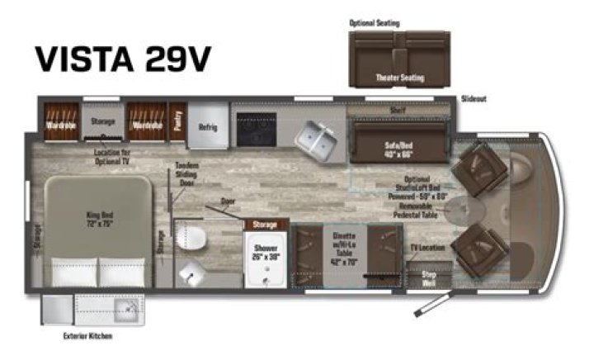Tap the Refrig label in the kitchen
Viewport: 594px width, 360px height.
[x=207, y=127]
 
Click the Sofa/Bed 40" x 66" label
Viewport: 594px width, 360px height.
[x=398, y=148]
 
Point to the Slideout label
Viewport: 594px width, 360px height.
[x=474, y=98]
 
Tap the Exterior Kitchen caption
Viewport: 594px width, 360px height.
[x=87, y=336]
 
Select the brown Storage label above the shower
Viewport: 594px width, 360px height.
[x=266, y=223]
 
